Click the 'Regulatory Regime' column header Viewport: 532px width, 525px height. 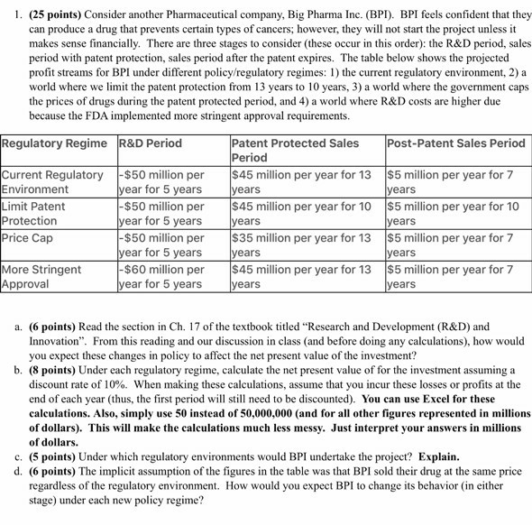[57, 143]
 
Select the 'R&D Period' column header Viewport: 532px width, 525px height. [150, 143]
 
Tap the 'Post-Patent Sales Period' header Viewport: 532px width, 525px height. [455, 143]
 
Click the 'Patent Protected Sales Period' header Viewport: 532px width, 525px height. [295, 150]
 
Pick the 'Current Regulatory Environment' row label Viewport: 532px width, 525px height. [52, 181]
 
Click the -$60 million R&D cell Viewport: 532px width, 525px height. [161, 276]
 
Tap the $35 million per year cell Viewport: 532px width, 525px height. [301, 244]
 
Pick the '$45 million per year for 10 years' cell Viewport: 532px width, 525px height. [301, 213]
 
